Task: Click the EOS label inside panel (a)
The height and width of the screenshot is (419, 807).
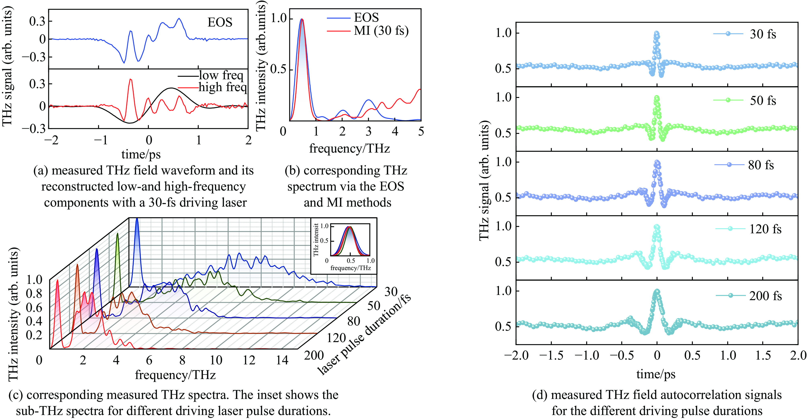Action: (220, 22)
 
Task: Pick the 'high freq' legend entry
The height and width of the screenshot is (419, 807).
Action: (223, 87)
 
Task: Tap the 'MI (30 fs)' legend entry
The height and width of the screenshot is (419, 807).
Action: (381, 31)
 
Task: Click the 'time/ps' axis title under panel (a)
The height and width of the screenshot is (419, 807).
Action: (141, 154)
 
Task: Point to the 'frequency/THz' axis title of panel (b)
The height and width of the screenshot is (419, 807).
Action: (349, 148)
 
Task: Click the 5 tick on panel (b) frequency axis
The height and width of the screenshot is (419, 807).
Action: (421, 132)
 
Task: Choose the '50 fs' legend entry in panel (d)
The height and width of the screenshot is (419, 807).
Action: (763, 100)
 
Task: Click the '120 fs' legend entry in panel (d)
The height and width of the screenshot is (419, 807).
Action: (765, 229)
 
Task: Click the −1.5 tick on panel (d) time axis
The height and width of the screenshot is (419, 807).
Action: (551, 355)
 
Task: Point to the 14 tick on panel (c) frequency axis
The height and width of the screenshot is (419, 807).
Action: (282, 360)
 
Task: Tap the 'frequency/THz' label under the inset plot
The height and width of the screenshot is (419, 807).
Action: (351, 268)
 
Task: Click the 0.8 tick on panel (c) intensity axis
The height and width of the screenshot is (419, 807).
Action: (34, 294)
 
